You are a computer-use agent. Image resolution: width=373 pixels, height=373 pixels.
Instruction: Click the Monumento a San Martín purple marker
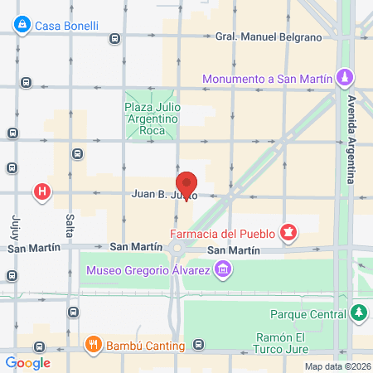pyautogui.click(x=346, y=79)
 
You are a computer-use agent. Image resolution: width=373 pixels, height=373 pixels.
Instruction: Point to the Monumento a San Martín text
pyautogui.click(x=269, y=80)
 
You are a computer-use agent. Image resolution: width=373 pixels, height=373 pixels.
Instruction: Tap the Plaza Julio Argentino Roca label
pyautogui.click(x=152, y=120)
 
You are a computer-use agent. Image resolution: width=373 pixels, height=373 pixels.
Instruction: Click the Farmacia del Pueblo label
pyautogui.click(x=222, y=233)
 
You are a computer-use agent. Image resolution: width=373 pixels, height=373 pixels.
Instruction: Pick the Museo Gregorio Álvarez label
pyautogui.click(x=146, y=269)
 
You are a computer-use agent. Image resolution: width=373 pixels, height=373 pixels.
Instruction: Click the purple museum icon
pyautogui.click(x=221, y=269)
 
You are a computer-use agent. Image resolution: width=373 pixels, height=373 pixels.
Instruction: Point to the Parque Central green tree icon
pyautogui.click(x=358, y=314)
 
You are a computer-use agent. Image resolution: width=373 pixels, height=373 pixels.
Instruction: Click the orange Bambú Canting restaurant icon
pyautogui.click(x=93, y=344)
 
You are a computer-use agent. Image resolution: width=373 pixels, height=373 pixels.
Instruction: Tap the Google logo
pyautogui.click(x=27, y=362)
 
